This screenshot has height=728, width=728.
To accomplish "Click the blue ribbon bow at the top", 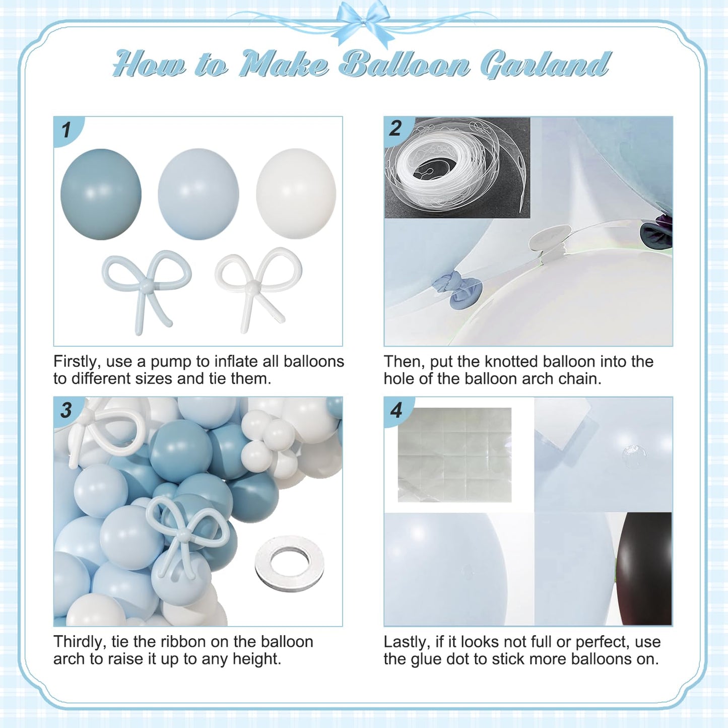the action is click(x=363, y=21).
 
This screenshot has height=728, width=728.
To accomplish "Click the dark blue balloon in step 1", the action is click(x=101, y=194).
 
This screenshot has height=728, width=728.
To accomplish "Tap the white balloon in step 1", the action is click(x=296, y=193).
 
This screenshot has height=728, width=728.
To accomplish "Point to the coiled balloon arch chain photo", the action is click(x=457, y=168).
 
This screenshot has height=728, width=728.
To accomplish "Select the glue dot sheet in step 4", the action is click(x=454, y=455).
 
